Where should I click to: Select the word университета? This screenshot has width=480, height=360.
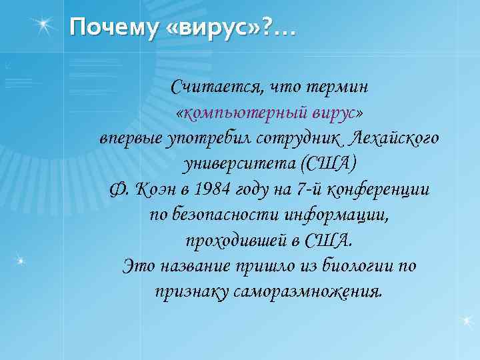click(x=239, y=163)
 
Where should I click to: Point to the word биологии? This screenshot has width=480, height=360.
click(x=363, y=266)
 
